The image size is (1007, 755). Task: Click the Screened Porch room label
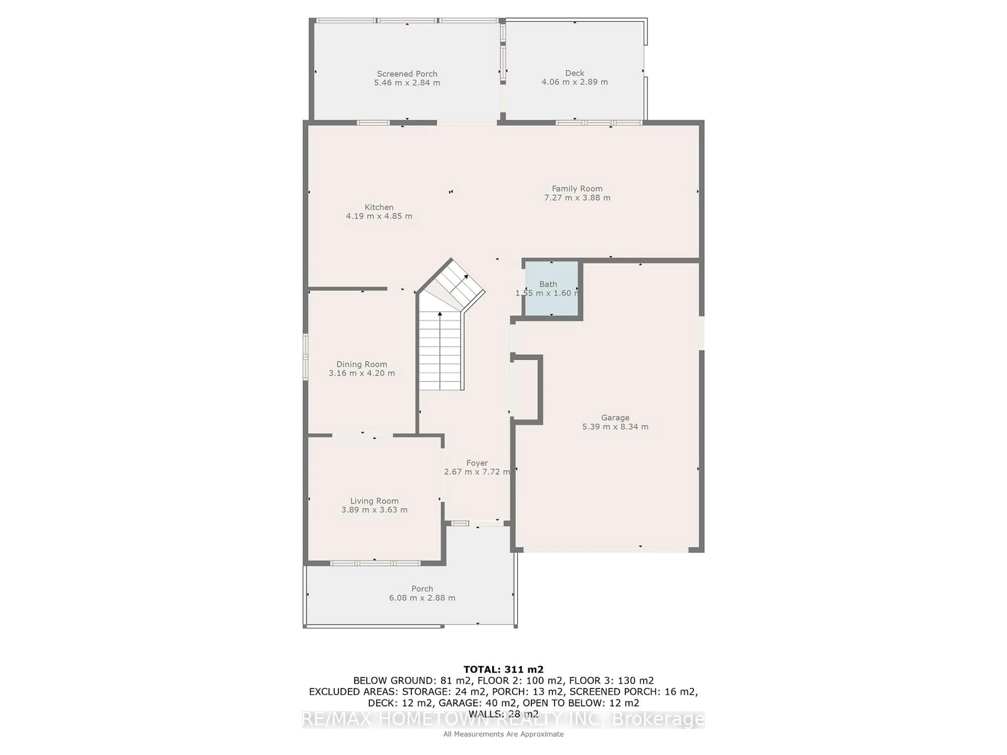[x=407, y=74]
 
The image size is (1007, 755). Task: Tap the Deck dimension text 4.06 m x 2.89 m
[x=575, y=82]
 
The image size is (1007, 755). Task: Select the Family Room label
[x=577, y=188]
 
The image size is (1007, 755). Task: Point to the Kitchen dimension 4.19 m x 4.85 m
[x=379, y=216]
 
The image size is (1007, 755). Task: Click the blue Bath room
[x=551, y=289]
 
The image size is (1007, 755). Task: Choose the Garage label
[x=615, y=417]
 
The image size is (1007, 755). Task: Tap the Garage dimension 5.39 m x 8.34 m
[x=615, y=427]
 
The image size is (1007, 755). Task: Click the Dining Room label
[x=361, y=364]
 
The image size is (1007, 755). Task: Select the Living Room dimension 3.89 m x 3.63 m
[x=374, y=510]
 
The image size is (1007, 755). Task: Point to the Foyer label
[x=477, y=463]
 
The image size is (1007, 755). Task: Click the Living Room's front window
[x=375, y=563]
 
